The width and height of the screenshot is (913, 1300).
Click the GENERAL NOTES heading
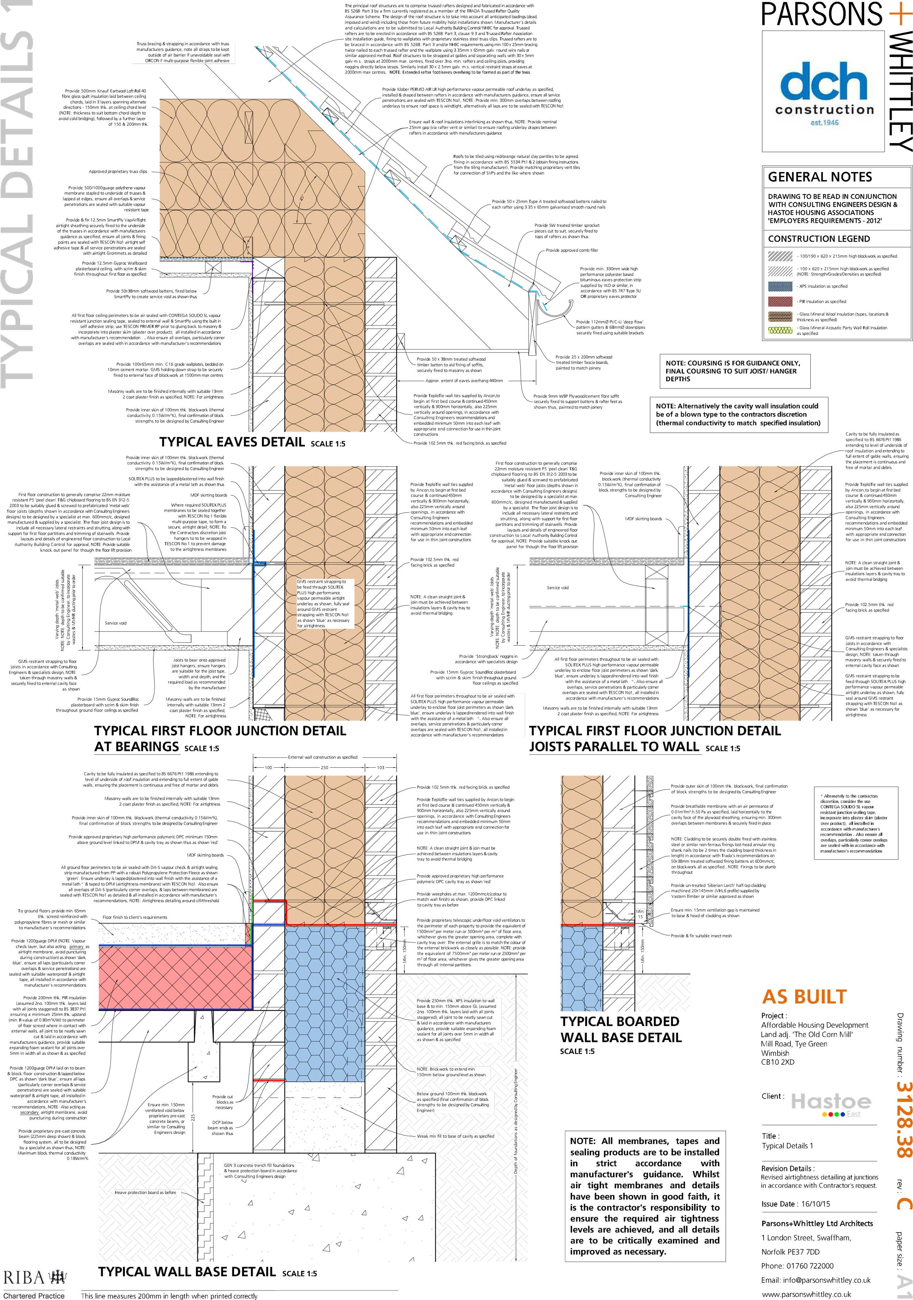820,177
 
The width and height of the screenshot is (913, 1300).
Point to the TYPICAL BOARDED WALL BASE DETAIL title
620,1029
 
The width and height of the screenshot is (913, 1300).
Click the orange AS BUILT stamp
804,997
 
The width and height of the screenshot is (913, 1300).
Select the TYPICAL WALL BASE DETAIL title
187,1272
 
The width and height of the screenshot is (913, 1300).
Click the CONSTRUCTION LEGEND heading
818,239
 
